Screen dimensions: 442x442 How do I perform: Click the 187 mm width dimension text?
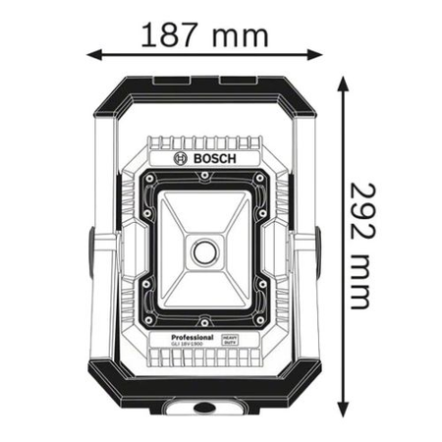pos(202,36)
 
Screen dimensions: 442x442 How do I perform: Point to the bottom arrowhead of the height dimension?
pos(344,410)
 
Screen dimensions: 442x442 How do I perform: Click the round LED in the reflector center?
pos(204,252)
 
